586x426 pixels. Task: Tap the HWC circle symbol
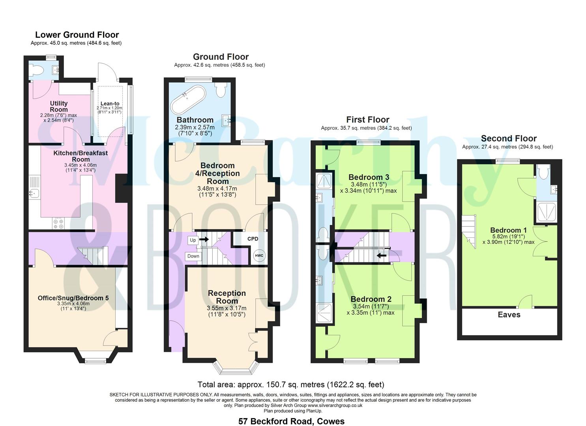pyautogui.click(x=259, y=256)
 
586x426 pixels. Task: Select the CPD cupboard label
pyautogui.click(x=253, y=239)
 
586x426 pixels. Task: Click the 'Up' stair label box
pyautogui.click(x=193, y=240)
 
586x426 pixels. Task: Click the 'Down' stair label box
pyautogui.click(x=193, y=256)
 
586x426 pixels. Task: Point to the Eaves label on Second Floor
pyautogui.click(x=509, y=315)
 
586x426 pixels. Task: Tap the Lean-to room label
pyautogui.click(x=110, y=104)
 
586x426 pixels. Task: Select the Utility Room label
pyautogui.click(x=59, y=106)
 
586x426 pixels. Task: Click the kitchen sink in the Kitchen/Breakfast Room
pyautogui.click(x=34, y=193)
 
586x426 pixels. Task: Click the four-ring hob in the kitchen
pyautogui.click(x=58, y=224)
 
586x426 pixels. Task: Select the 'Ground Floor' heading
pyautogui.click(x=221, y=57)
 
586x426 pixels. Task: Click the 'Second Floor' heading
pyautogui.click(x=509, y=138)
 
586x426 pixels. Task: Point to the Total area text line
pyautogui.click(x=290, y=384)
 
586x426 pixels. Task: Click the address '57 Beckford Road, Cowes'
pyautogui.click(x=291, y=421)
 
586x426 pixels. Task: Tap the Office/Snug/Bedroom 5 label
pyautogui.click(x=73, y=298)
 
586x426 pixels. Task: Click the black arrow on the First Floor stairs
pyautogui.click(x=382, y=255)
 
